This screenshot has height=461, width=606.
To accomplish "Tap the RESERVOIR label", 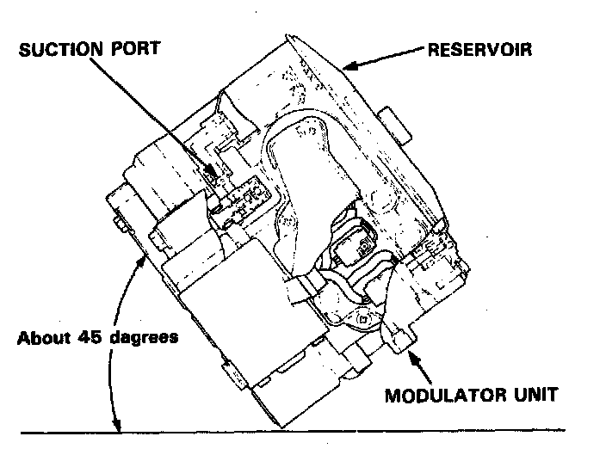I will (x=480, y=48).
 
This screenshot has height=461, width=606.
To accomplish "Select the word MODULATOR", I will (x=447, y=396).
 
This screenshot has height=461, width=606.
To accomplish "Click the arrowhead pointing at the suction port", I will (x=214, y=173).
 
